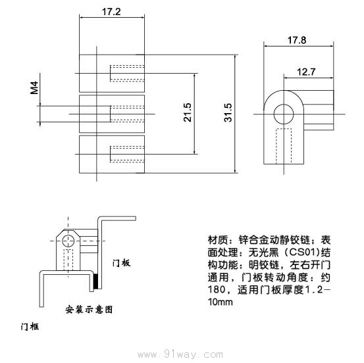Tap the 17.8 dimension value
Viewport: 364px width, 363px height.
(296, 39)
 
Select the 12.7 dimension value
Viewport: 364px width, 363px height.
(305, 72)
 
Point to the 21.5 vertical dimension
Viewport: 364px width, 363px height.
(187, 112)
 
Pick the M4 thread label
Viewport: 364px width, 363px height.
(34, 87)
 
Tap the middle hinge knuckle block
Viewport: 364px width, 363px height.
(111, 113)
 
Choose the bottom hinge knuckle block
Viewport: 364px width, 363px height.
(111, 154)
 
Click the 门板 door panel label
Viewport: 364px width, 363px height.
(121, 262)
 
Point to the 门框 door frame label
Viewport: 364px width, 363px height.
(30, 326)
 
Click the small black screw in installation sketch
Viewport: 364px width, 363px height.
(96, 283)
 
